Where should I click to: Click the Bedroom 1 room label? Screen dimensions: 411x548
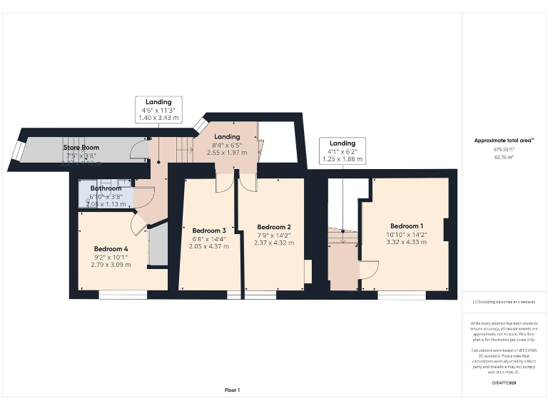(x=405, y=226)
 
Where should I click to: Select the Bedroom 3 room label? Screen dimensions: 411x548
(x=209, y=230)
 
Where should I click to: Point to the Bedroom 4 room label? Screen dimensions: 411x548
(x=111, y=249)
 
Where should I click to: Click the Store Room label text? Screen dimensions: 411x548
(x=81, y=148)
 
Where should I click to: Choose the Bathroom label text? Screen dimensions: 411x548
(x=106, y=188)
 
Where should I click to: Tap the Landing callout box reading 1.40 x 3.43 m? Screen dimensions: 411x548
(x=158, y=110)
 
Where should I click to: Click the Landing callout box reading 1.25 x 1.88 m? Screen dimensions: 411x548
(x=342, y=151)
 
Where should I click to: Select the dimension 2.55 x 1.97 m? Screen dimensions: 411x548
(x=227, y=153)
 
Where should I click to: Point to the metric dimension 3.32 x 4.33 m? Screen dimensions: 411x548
(x=405, y=243)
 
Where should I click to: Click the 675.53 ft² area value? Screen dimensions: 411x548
(x=503, y=150)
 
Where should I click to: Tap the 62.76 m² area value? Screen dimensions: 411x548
(x=503, y=158)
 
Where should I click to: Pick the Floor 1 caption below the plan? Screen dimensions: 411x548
(x=233, y=390)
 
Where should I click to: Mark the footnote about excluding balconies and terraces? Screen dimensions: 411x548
(x=503, y=303)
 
